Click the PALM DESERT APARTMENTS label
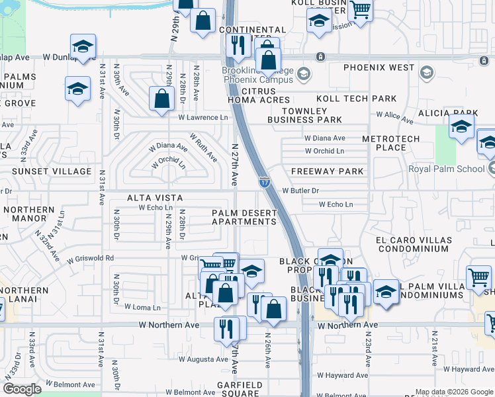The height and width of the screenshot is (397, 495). (244, 217)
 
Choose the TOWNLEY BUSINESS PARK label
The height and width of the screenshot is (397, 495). (304, 115)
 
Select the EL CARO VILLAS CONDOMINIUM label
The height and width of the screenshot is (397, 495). (414, 244)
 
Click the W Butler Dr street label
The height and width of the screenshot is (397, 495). (300, 191)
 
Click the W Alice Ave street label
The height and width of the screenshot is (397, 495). (394, 115)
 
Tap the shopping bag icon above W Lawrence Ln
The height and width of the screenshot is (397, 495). (162, 101)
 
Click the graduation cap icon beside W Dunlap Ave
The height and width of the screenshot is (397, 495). (83, 47)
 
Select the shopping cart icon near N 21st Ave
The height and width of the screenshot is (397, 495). (478, 277)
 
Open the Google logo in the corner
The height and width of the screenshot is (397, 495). (22, 389)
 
